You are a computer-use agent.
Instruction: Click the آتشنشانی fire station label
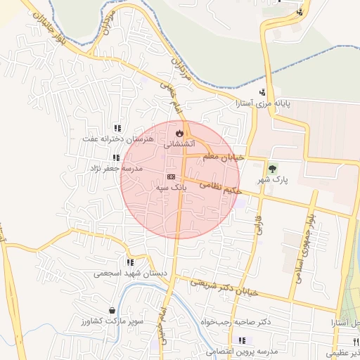pyautogui.click(x=180, y=144)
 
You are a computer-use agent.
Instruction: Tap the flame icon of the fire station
pyautogui.click(x=180, y=132)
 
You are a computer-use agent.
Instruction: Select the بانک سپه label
pyautogui.click(x=171, y=188)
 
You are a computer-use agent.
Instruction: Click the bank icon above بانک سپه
pyautogui.click(x=171, y=176)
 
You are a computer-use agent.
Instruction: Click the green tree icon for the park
pyautogui.click(x=272, y=168)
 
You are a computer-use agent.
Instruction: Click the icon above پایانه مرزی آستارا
pyautogui.click(x=262, y=92)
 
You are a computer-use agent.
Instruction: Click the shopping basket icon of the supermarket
pyautogui.click(x=112, y=310)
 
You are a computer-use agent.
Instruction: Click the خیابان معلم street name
pyautogui.click(x=223, y=156)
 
